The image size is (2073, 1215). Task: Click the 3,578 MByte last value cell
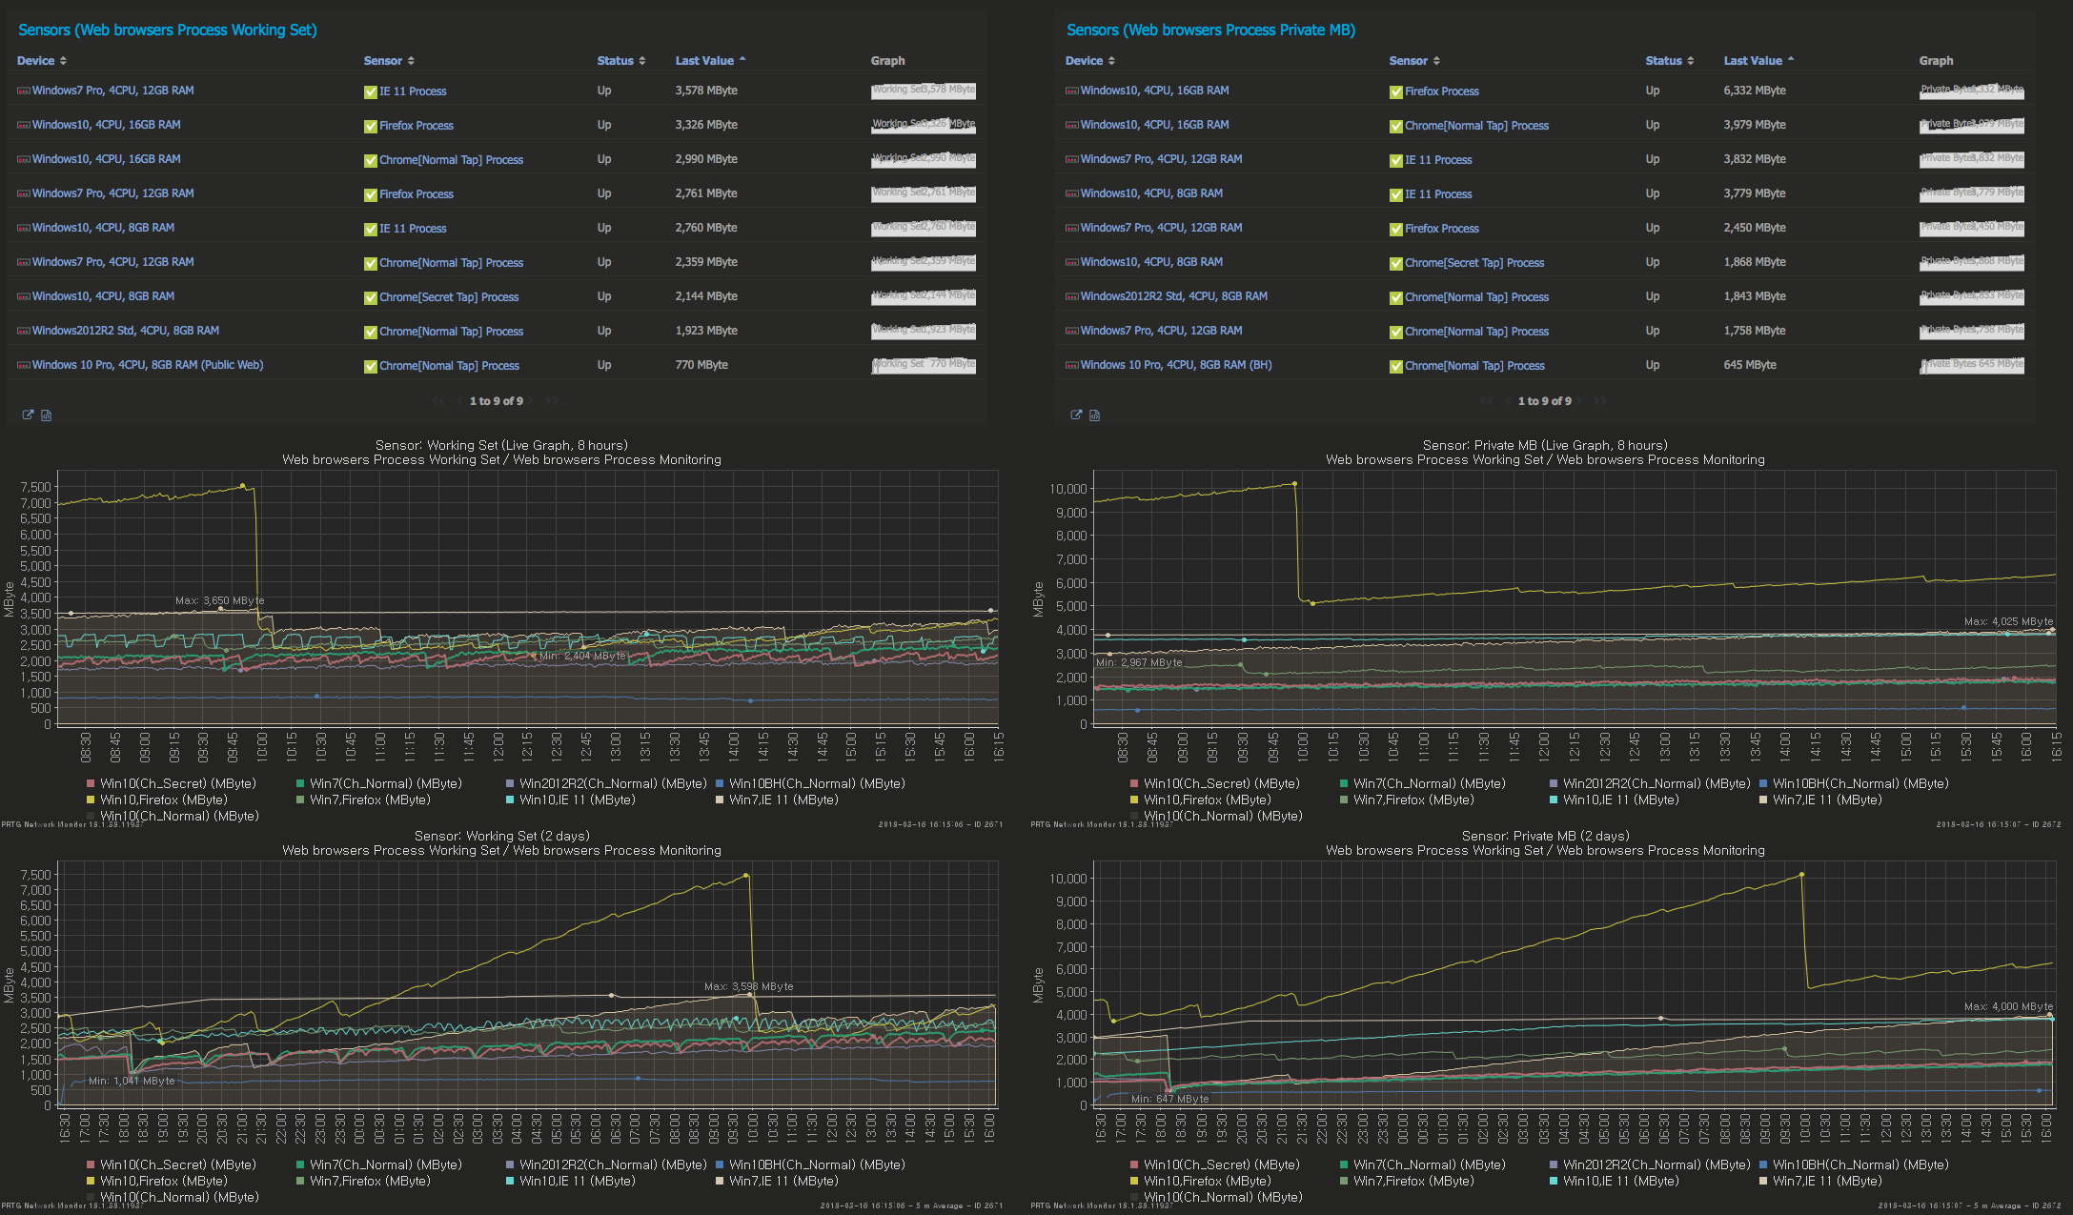click(705, 91)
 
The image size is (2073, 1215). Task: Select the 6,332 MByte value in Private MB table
click(1754, 91)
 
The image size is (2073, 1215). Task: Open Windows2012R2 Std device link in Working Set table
click(125, 331)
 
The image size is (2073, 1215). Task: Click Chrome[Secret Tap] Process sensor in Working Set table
click(448, 297)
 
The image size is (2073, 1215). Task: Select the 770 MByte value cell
click(701, 365)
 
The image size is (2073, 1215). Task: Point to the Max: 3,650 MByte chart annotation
click(219, 600)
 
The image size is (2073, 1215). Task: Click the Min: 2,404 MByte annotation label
click(582, 656)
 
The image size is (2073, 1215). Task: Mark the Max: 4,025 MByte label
click(2008, 621)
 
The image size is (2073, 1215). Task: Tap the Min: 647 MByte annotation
click(1169, 1099)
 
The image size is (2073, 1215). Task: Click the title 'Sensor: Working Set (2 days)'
click(501, 836)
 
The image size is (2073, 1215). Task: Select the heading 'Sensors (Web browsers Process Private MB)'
click(1209, 30)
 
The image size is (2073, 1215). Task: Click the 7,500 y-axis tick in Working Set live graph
click(35, 487)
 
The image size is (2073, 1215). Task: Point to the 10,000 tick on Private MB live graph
click(1067, 489)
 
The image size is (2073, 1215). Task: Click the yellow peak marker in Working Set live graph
click(242, 486)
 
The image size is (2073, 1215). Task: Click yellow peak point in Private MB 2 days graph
click(1801, 874)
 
